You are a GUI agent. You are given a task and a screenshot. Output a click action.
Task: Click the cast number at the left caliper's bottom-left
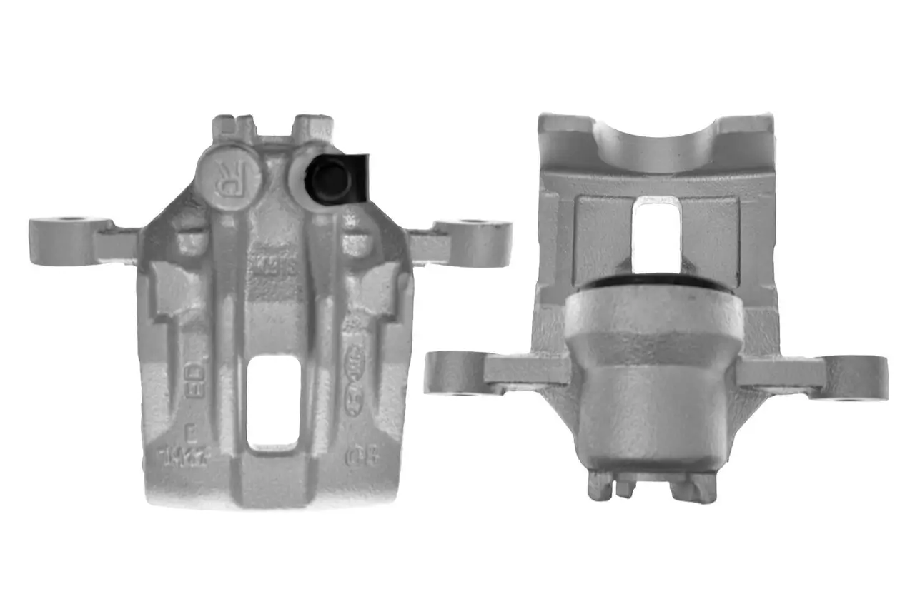coord(183,456)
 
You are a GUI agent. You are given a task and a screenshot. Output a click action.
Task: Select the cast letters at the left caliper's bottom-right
coord(355,456)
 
